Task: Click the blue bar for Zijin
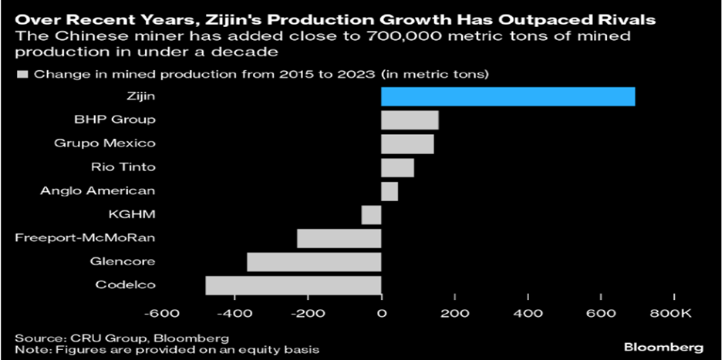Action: tap(507, 96)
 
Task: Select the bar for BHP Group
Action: tap(410, 120)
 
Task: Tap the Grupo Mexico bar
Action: tap(407, 143)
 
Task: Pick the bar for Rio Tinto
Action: tap(397, 167)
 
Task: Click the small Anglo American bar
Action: tap(389, 190)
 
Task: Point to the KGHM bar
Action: tap(371, 214)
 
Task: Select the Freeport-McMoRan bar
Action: tap(339, 238)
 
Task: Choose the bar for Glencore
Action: tap(314, 262)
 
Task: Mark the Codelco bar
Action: tap(293, 285)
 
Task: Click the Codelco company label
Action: tap(125, 285)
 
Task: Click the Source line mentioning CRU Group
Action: tap(122, 338)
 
